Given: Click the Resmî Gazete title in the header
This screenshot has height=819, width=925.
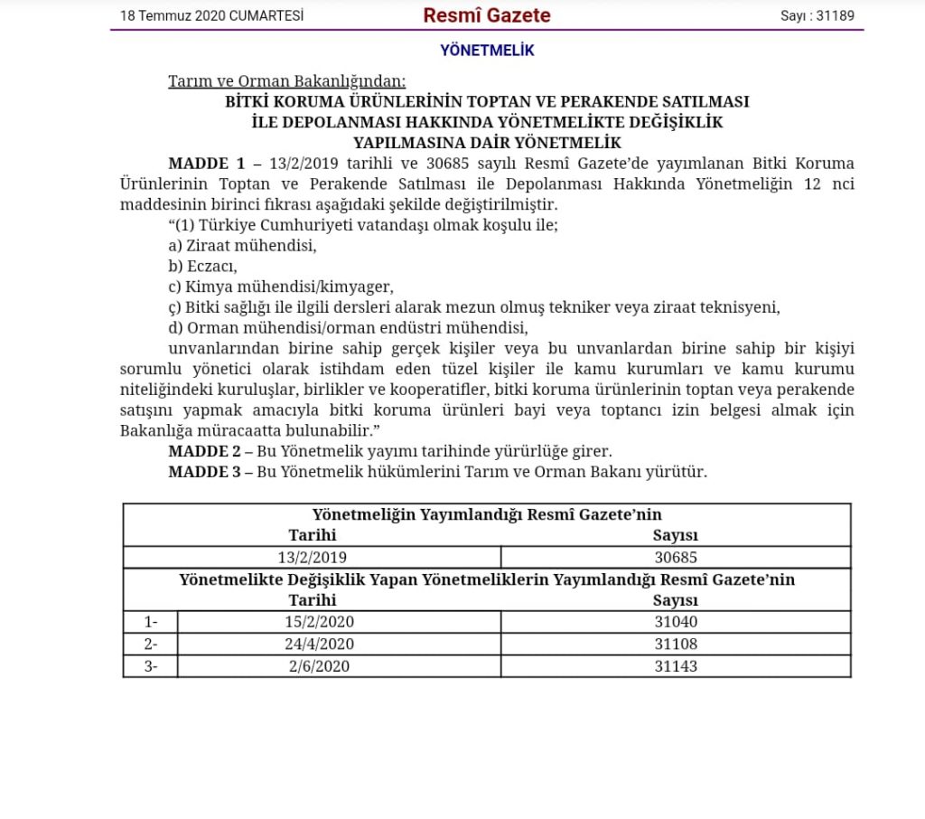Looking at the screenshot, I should pos(487,15).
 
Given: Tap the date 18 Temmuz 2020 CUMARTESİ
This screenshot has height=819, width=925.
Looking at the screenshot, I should pos(211,15).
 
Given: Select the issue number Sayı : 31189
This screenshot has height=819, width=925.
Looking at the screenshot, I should pos(818,15).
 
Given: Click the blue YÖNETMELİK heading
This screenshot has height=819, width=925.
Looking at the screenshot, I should pos(487,51).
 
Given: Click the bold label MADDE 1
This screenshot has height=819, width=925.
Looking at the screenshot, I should pos(206,164).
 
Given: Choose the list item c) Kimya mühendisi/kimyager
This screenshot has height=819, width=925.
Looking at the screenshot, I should pos(281,287).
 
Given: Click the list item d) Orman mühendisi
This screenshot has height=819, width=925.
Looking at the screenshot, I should pos(348,327).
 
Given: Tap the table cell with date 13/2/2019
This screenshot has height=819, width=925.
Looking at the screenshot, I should pos(313,558).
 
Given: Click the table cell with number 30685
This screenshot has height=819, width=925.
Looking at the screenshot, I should pos(676,558).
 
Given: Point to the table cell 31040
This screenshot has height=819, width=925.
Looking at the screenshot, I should pos(676,622).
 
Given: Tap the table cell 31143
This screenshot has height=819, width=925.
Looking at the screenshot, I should pos(676,666).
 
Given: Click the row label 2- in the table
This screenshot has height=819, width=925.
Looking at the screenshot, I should pos(151,645).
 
